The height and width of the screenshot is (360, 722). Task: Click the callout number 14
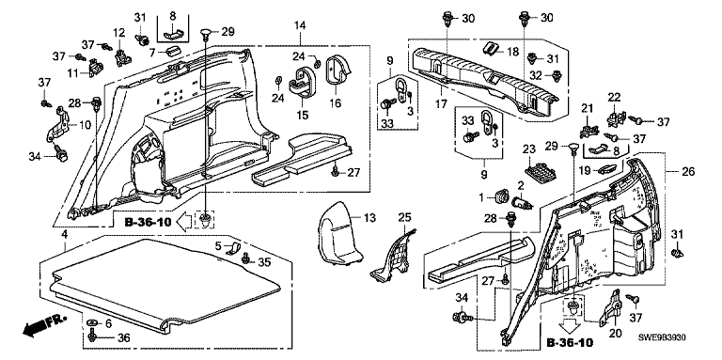tap(300, 25)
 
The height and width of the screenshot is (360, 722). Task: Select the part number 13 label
tap(369, 217)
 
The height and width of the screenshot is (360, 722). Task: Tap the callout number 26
tap(688, 172)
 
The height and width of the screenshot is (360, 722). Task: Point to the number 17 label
tap(441, 104)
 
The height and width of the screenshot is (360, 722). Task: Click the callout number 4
tap(65, 235)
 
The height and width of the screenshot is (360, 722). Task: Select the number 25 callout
tap(404, 217)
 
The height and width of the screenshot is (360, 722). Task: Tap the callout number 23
tap(530, 149)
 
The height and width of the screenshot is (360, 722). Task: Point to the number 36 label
tap(124, 337)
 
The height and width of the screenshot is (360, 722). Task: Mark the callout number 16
tap(336, 102)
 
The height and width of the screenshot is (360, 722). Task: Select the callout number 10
tap(86, 126)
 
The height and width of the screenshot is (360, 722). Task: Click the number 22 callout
tap(614, 98)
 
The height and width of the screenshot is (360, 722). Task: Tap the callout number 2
tap(521, 186)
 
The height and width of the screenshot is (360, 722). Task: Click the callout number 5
tap(218, 245)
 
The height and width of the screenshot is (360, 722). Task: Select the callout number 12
tap(118, 32)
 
